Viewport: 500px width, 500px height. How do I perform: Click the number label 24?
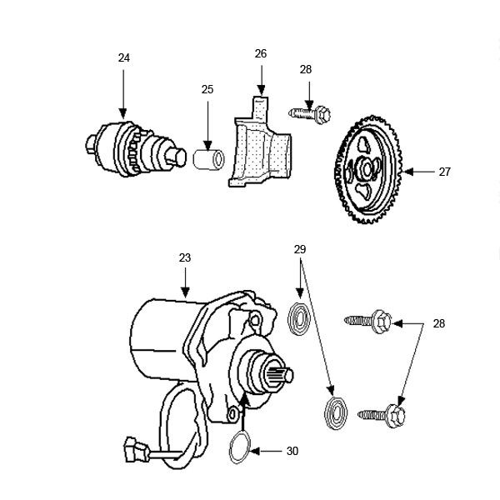[123, 57]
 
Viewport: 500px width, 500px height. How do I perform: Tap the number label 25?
[207, 90]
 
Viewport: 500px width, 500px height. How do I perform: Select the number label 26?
[261, 53]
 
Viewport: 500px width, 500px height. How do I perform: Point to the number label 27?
[444, 172]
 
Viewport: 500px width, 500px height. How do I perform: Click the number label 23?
[184, 258]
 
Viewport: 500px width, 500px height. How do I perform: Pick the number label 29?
[300, 249]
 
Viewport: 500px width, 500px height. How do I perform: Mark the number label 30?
[292, 451]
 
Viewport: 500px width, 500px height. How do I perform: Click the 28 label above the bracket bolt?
[306, 70]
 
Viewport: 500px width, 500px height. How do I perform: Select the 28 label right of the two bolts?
[440, 323]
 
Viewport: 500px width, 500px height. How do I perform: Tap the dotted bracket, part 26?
[262, 146]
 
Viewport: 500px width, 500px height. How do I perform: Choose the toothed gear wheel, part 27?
[367, 172]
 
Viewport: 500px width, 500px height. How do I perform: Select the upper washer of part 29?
[298, 318]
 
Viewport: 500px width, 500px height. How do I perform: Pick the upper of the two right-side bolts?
[367, 320]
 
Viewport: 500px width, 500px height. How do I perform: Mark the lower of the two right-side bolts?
[382, 412]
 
